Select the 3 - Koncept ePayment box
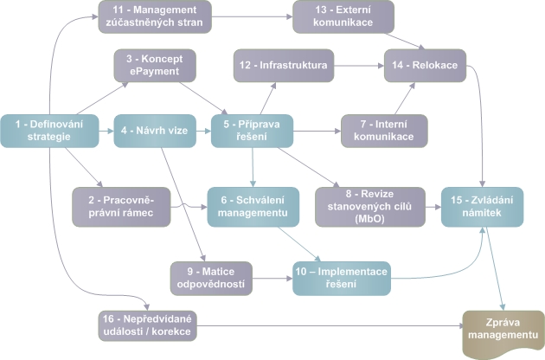155,66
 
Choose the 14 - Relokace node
426,66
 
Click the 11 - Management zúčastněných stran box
155,16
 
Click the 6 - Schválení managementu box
252,204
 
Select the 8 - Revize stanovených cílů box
364,204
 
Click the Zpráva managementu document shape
503,330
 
